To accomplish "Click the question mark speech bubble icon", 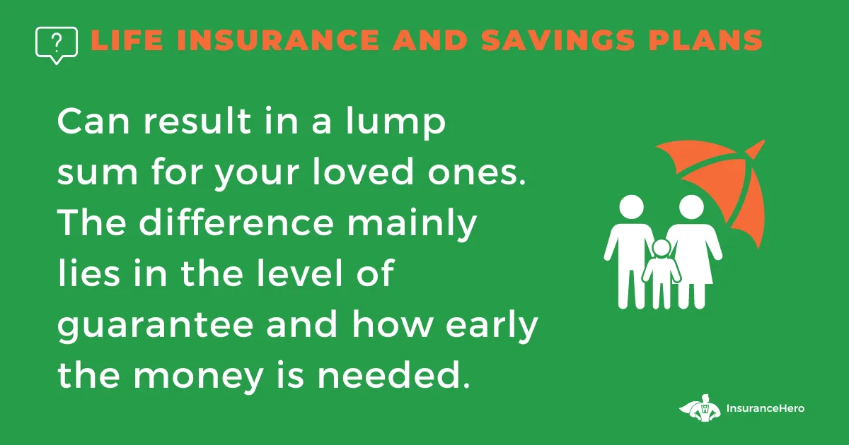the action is pos(57,45).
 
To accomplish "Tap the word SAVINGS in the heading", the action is pos(558,40).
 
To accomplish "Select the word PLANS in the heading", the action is pos(705,40).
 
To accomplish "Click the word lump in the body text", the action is pos(395,121).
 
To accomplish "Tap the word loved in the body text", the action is pos(363,171).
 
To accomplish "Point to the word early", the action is pos(492,326).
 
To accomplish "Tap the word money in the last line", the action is pos(198,377).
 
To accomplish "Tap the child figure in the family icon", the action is pos(662,273).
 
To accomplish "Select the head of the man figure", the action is pos(631,208).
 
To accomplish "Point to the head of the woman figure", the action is pos(691,208).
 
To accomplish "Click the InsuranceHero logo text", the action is pos(766,408).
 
